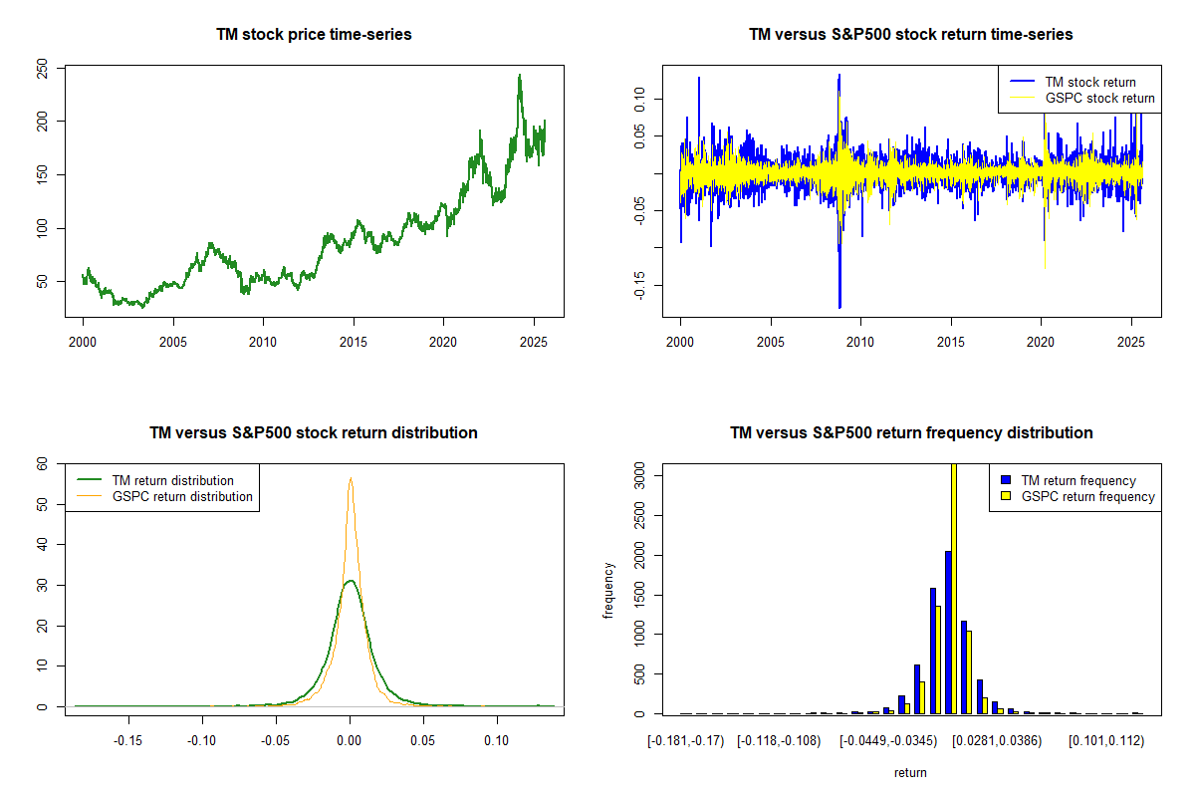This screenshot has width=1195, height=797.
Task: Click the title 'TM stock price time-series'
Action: coord(314,35)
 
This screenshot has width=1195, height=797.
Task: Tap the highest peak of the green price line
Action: coord(519,76)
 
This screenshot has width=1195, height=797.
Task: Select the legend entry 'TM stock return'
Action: coord(1089,82)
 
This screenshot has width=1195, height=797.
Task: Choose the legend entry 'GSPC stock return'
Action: coord(1099,98)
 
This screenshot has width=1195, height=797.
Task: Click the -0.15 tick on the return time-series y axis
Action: coord(640,286)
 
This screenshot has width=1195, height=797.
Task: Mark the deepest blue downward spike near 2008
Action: coord(839,306)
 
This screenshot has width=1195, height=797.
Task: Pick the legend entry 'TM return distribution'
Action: coord(173,480)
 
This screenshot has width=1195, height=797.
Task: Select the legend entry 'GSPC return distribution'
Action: coord(182,496)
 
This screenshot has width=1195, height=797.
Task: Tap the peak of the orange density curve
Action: coord(351,478)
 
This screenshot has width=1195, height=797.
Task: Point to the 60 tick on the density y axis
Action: coord(43,463)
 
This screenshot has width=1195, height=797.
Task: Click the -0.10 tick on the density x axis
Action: coord(202,740)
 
